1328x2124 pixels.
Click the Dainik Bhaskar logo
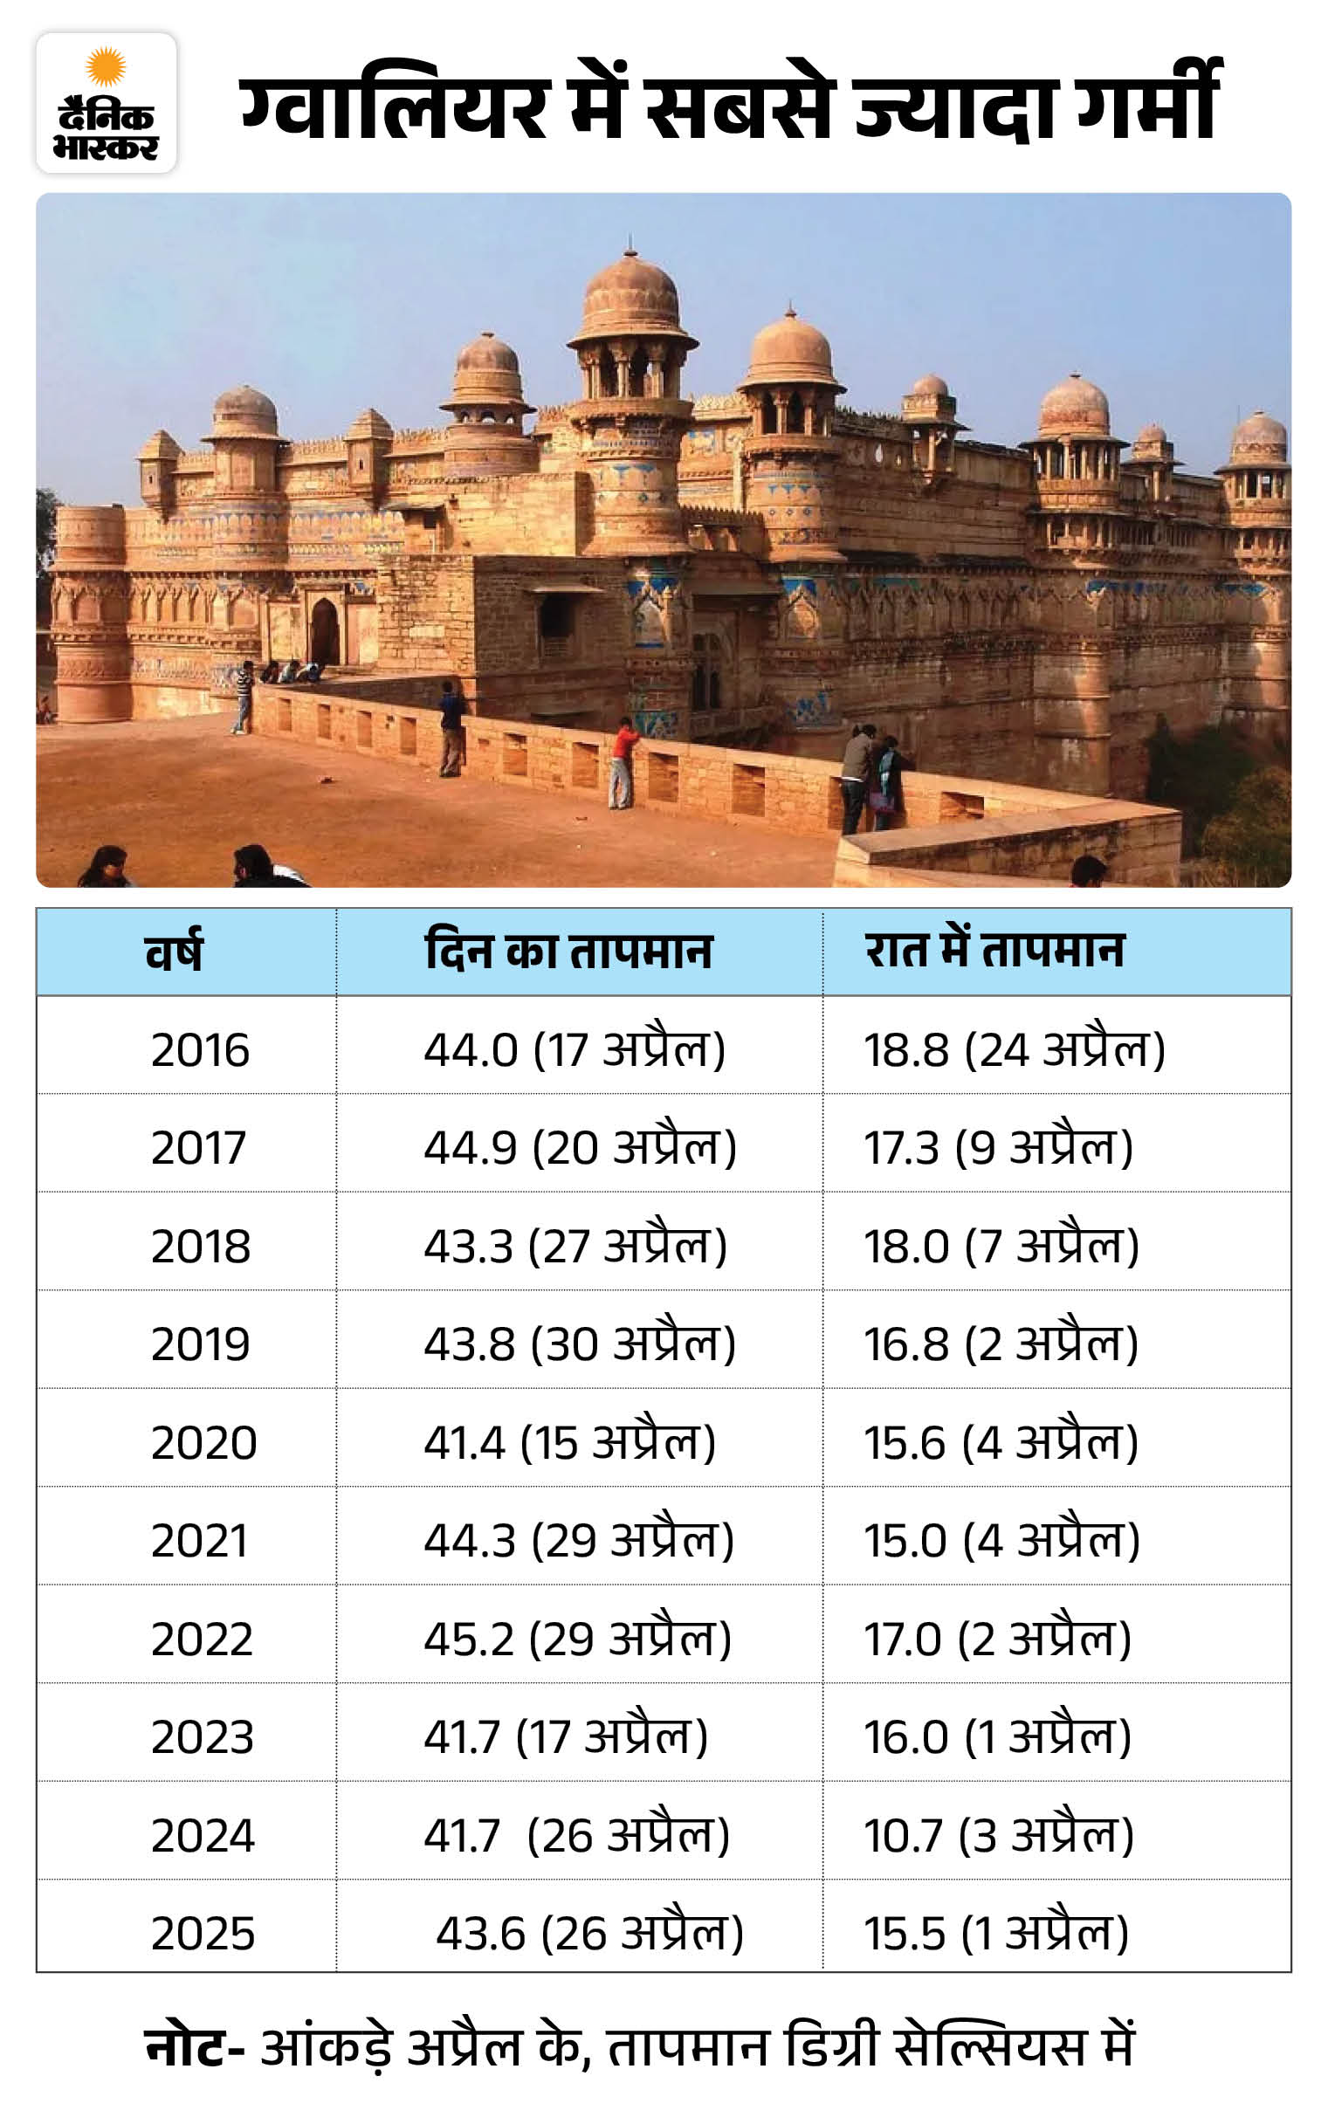(107, 103)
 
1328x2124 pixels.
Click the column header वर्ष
(174, 951)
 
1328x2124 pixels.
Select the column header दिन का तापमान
(568, 951)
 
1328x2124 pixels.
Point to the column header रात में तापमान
(994, 950)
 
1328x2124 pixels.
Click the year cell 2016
(200, 1050)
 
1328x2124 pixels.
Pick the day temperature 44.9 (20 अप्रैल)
(580, 1148)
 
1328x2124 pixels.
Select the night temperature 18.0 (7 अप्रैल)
(1001, 1246)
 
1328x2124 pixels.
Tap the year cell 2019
(200, 1344)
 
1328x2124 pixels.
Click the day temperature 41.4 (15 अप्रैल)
(569, 1443)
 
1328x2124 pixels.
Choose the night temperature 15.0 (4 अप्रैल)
(1001, 1541)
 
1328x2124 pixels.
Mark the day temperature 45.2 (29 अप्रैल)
(577, 1639)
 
